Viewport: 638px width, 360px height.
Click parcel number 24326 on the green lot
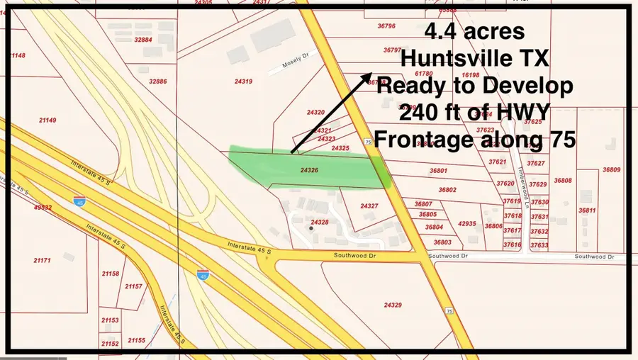tap(309, 171)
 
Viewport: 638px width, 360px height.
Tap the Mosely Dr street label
tap(286, 67)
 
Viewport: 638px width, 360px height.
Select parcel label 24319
tap(243, 81)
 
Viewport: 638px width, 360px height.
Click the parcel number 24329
tap(393, 305)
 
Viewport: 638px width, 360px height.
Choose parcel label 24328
tap(320, 222)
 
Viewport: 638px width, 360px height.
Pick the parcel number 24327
tap(369, 206)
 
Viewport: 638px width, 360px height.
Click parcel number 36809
tap(611, 169)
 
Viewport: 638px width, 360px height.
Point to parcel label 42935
tap(467, 223)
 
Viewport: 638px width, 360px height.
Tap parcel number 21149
tap(47, 120)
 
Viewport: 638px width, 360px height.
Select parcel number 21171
tap(42, 260)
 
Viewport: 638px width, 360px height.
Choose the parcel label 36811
tap(587, 210)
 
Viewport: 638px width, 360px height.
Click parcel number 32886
tap(158, 81)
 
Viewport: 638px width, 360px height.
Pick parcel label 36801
tap(438, 171)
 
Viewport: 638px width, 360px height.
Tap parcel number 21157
tap(133, 286)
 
